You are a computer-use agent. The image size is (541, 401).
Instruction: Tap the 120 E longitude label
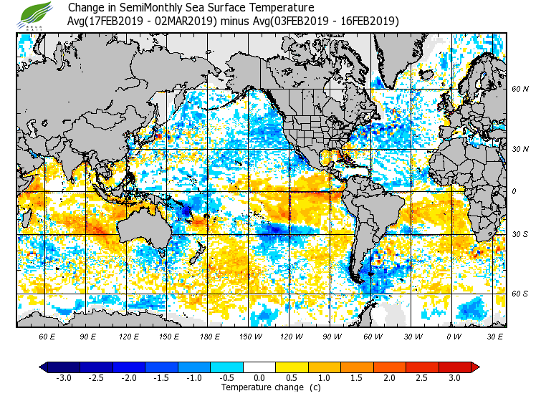[129, 336]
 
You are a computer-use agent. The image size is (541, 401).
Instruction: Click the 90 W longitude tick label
[332, 336]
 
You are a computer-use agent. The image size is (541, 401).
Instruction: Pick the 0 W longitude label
[454, 336]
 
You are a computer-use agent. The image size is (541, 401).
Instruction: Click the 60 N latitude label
[520, 90]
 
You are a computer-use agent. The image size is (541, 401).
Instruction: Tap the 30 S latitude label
[520, 234]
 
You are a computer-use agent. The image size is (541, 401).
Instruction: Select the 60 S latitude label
[520, 294]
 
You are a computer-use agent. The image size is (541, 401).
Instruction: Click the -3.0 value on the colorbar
[63, 377]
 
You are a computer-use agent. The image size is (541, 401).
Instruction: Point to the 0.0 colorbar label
[259, 377]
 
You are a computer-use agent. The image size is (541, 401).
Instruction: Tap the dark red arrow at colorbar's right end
[475, 367]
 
